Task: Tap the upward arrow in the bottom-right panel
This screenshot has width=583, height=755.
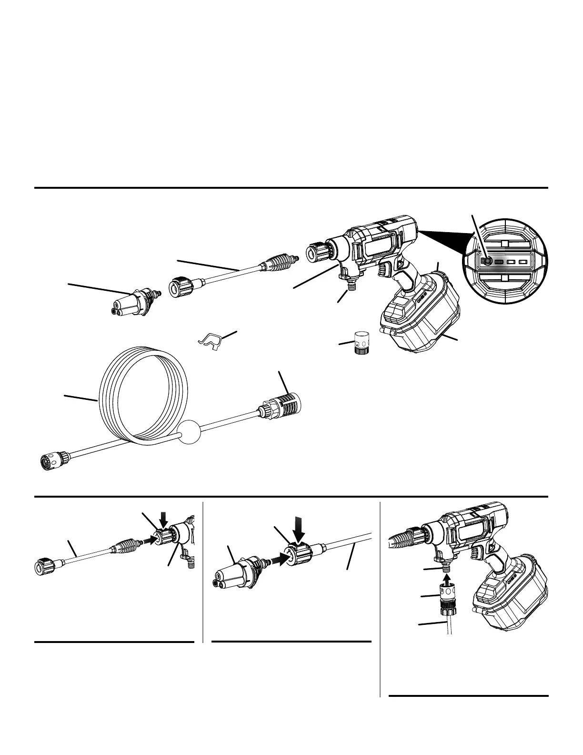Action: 446,579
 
